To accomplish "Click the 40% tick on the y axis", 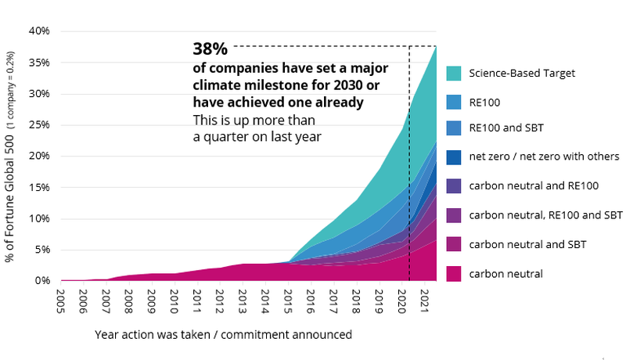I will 39,31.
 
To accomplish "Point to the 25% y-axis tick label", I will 39,124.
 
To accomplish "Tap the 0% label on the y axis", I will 42,280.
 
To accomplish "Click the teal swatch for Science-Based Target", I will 457,74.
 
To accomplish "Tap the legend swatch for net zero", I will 457,157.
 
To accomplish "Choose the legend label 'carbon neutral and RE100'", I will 534,185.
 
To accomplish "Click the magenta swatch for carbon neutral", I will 457,273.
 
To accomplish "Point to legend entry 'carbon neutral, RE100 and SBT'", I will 545,214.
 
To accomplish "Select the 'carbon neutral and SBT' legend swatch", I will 457,244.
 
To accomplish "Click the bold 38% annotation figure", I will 210,49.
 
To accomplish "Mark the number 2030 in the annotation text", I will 341,85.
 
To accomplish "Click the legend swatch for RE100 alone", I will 457,102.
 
